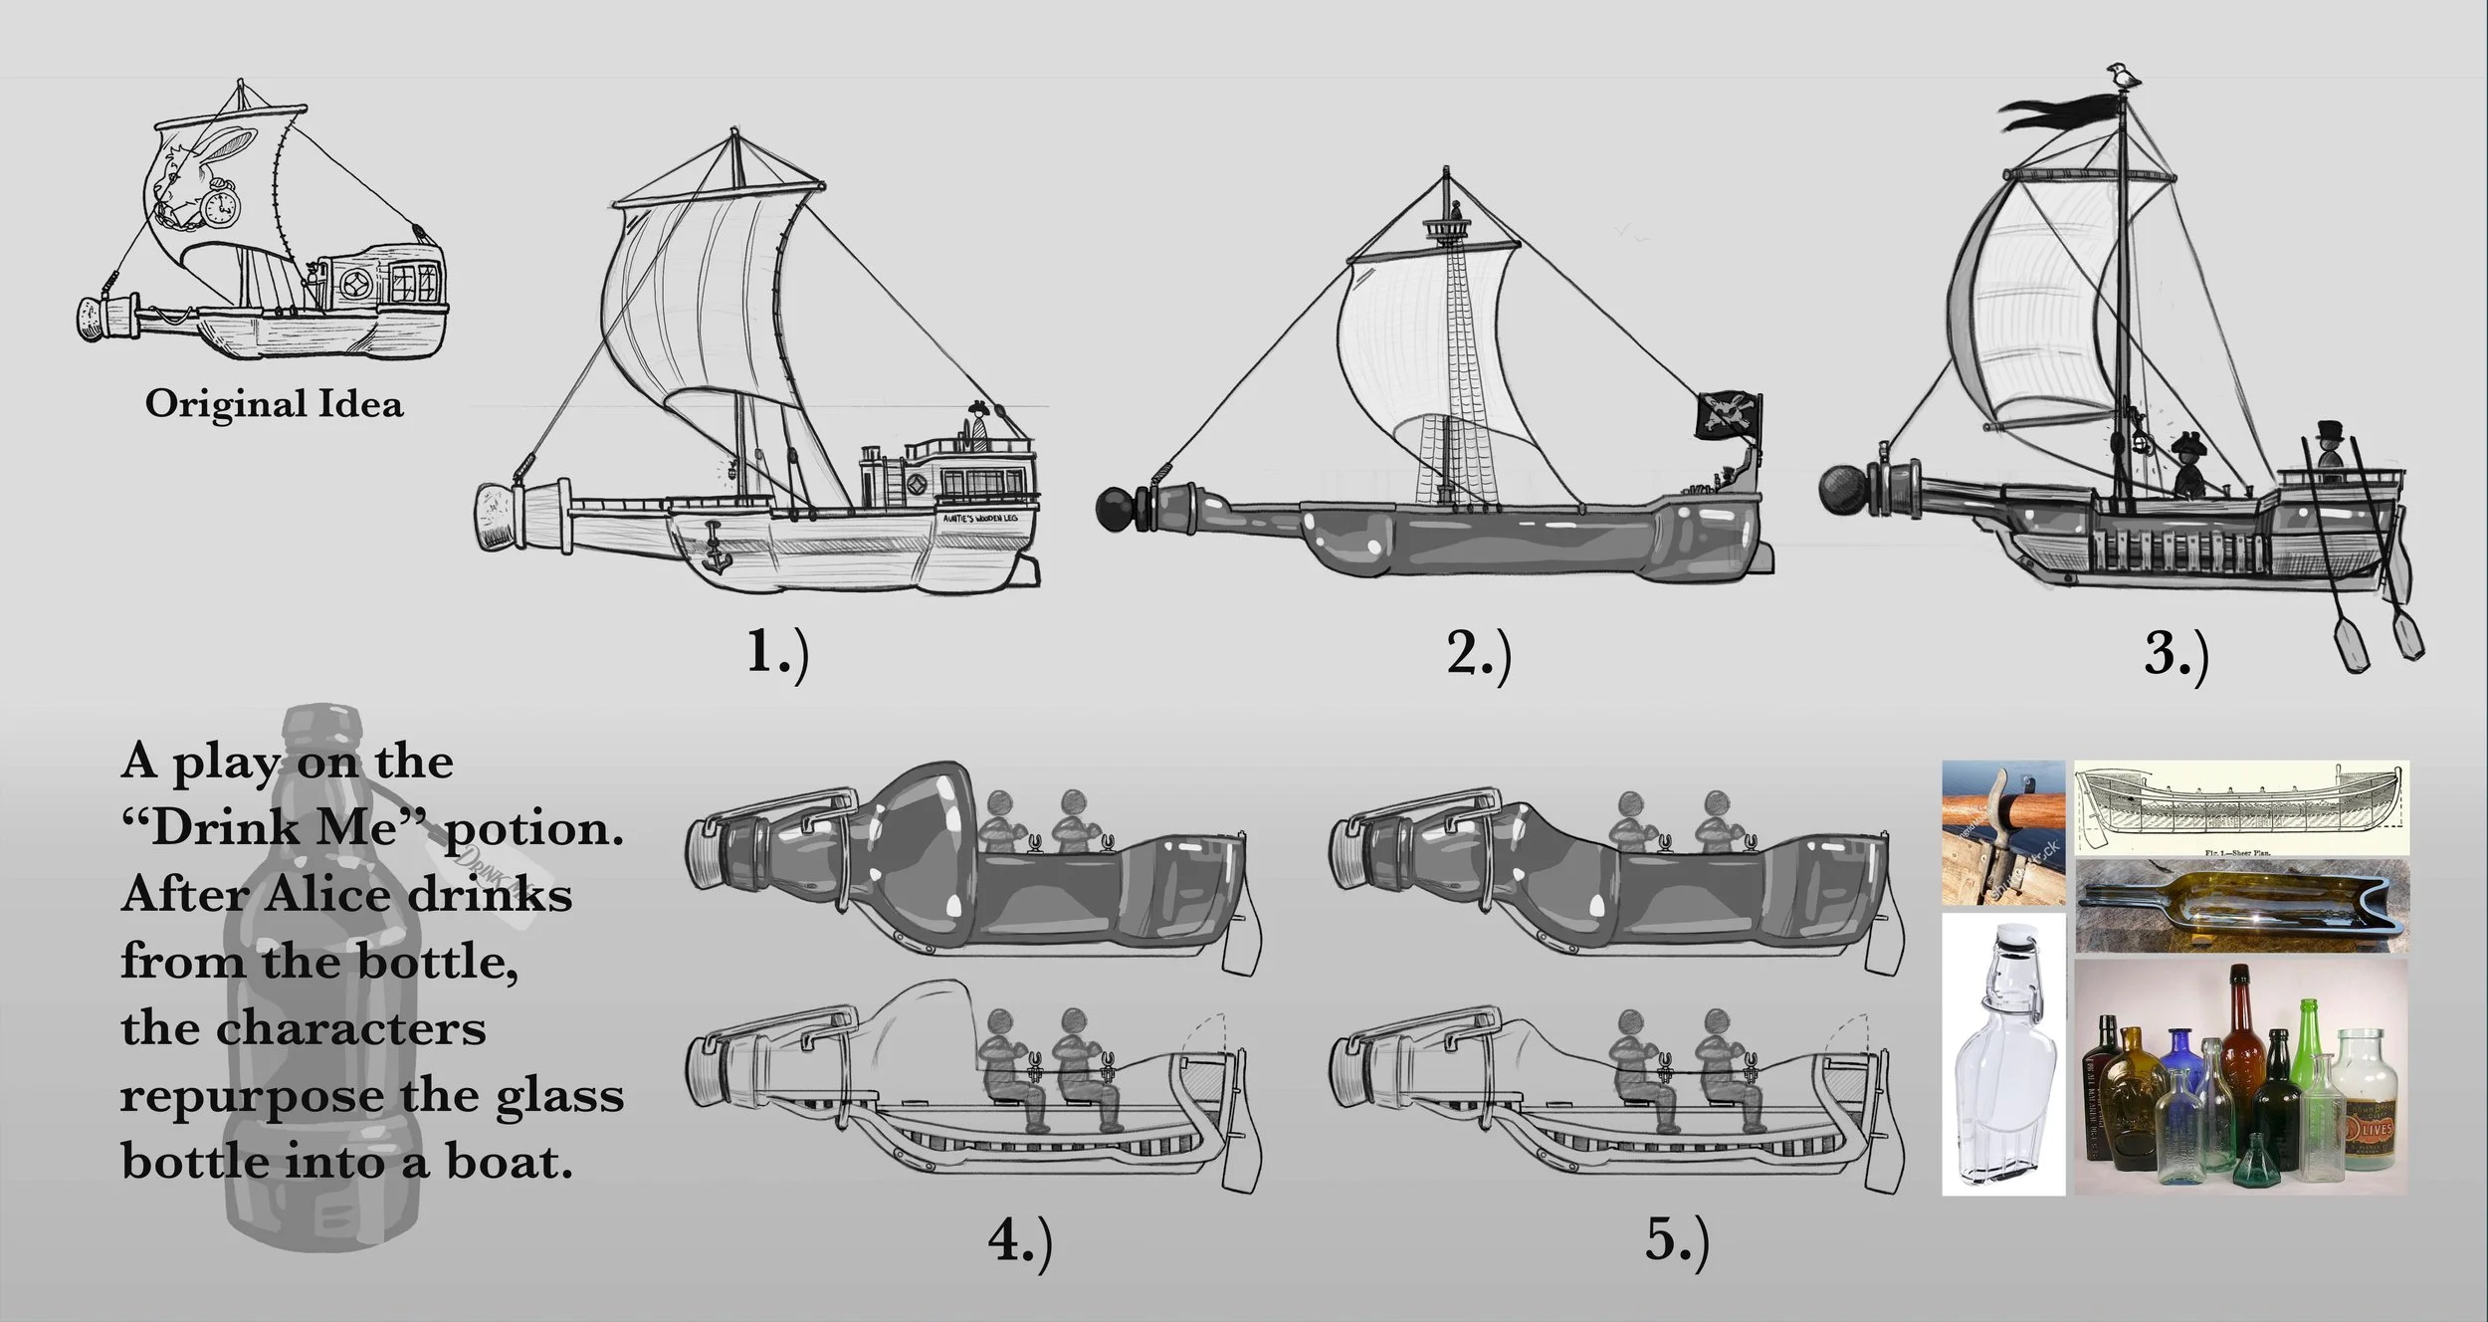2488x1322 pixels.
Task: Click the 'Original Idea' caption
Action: [275, 404]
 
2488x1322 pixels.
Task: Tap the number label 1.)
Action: [778, 654]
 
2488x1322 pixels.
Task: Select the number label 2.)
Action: [1479, 656]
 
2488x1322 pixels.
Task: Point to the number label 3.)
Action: [2176, 656]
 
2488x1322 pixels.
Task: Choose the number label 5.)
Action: [1677, 1239]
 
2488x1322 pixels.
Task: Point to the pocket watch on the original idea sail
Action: [220, 207]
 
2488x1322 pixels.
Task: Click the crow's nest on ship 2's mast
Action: [1449, 230]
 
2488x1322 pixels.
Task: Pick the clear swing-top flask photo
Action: [2001, 1055]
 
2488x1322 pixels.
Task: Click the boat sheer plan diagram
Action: [2241, 806]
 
